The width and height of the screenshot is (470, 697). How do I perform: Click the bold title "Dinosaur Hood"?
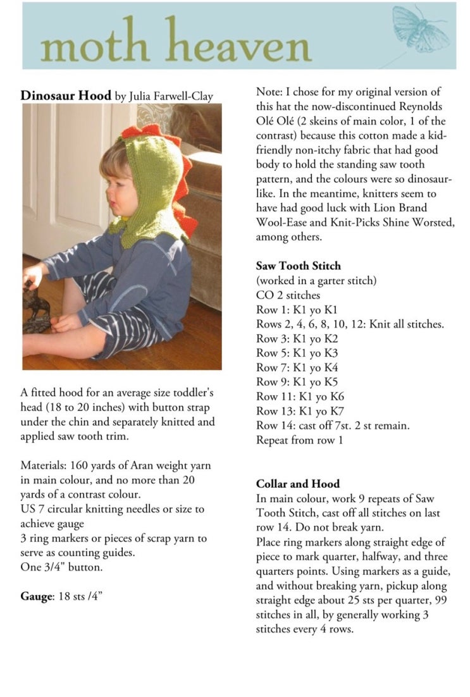pos(66,96)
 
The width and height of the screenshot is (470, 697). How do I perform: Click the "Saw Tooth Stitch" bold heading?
pos(299,266)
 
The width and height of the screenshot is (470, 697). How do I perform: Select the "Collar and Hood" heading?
pos(298,484)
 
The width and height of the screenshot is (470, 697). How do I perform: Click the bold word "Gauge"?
pos(35,596)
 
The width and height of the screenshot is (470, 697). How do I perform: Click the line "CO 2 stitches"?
pos(288,295)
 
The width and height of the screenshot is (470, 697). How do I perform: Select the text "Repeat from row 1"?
pos(300,440)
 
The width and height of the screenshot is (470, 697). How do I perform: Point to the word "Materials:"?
pos(43,466)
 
